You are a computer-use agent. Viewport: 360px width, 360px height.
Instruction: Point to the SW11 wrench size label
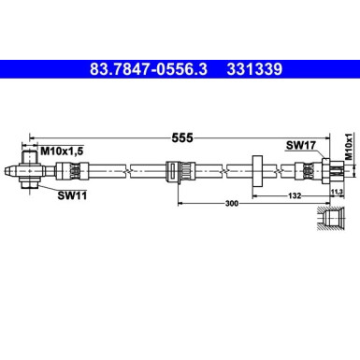71,194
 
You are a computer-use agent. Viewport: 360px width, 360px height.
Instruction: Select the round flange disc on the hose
254,170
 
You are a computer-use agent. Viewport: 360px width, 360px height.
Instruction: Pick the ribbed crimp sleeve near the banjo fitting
65,170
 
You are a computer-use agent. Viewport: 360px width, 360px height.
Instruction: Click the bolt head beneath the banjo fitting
31,187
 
